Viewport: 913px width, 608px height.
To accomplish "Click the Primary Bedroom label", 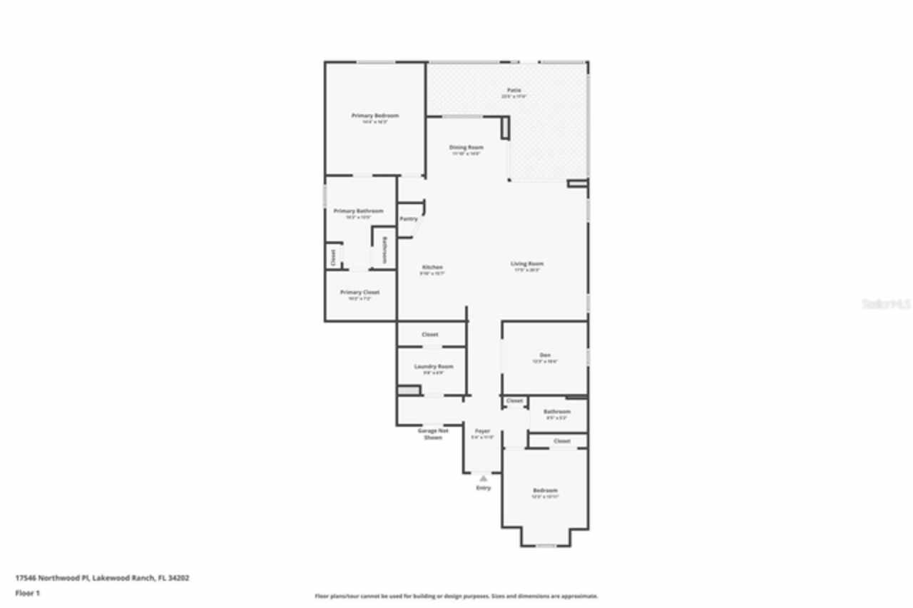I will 374,116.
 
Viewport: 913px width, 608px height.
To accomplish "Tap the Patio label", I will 514,91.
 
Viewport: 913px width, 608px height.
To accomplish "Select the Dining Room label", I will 466,148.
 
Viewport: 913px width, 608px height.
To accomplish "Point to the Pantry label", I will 409,219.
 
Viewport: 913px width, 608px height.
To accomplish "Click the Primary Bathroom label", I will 358,211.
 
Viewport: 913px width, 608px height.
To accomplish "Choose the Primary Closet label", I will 359,293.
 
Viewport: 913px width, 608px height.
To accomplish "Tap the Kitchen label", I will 432,268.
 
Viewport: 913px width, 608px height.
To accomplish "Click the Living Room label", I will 527,264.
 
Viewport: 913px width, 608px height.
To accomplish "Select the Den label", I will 545,355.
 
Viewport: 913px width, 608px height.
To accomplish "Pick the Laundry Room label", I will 434,367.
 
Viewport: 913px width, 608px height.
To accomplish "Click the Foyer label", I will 482,431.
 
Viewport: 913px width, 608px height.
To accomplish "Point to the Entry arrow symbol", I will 484,478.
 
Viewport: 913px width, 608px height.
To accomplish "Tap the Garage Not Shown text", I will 433,434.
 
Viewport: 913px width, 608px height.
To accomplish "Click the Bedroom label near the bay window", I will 545,491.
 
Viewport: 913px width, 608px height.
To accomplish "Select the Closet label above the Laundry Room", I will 429,335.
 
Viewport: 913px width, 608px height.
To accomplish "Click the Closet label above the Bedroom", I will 562,441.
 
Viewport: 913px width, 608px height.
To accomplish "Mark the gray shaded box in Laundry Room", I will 407,391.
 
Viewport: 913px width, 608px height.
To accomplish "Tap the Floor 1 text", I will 28,593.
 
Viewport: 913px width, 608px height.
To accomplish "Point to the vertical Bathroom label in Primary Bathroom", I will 384,250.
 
